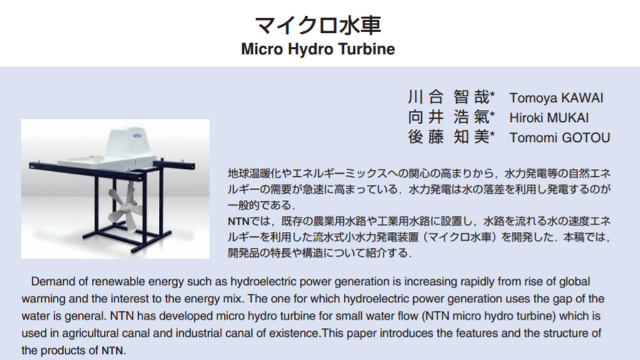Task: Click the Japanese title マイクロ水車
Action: point(318,25)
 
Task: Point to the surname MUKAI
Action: point(568,118)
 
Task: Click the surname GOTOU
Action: point(586,138)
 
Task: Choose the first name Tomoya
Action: point(533,98)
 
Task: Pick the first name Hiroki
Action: point(526,118)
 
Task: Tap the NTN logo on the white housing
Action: point(137,135)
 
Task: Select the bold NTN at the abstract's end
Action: point(112,351)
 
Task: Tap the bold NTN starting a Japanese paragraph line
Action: point(238,222)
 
